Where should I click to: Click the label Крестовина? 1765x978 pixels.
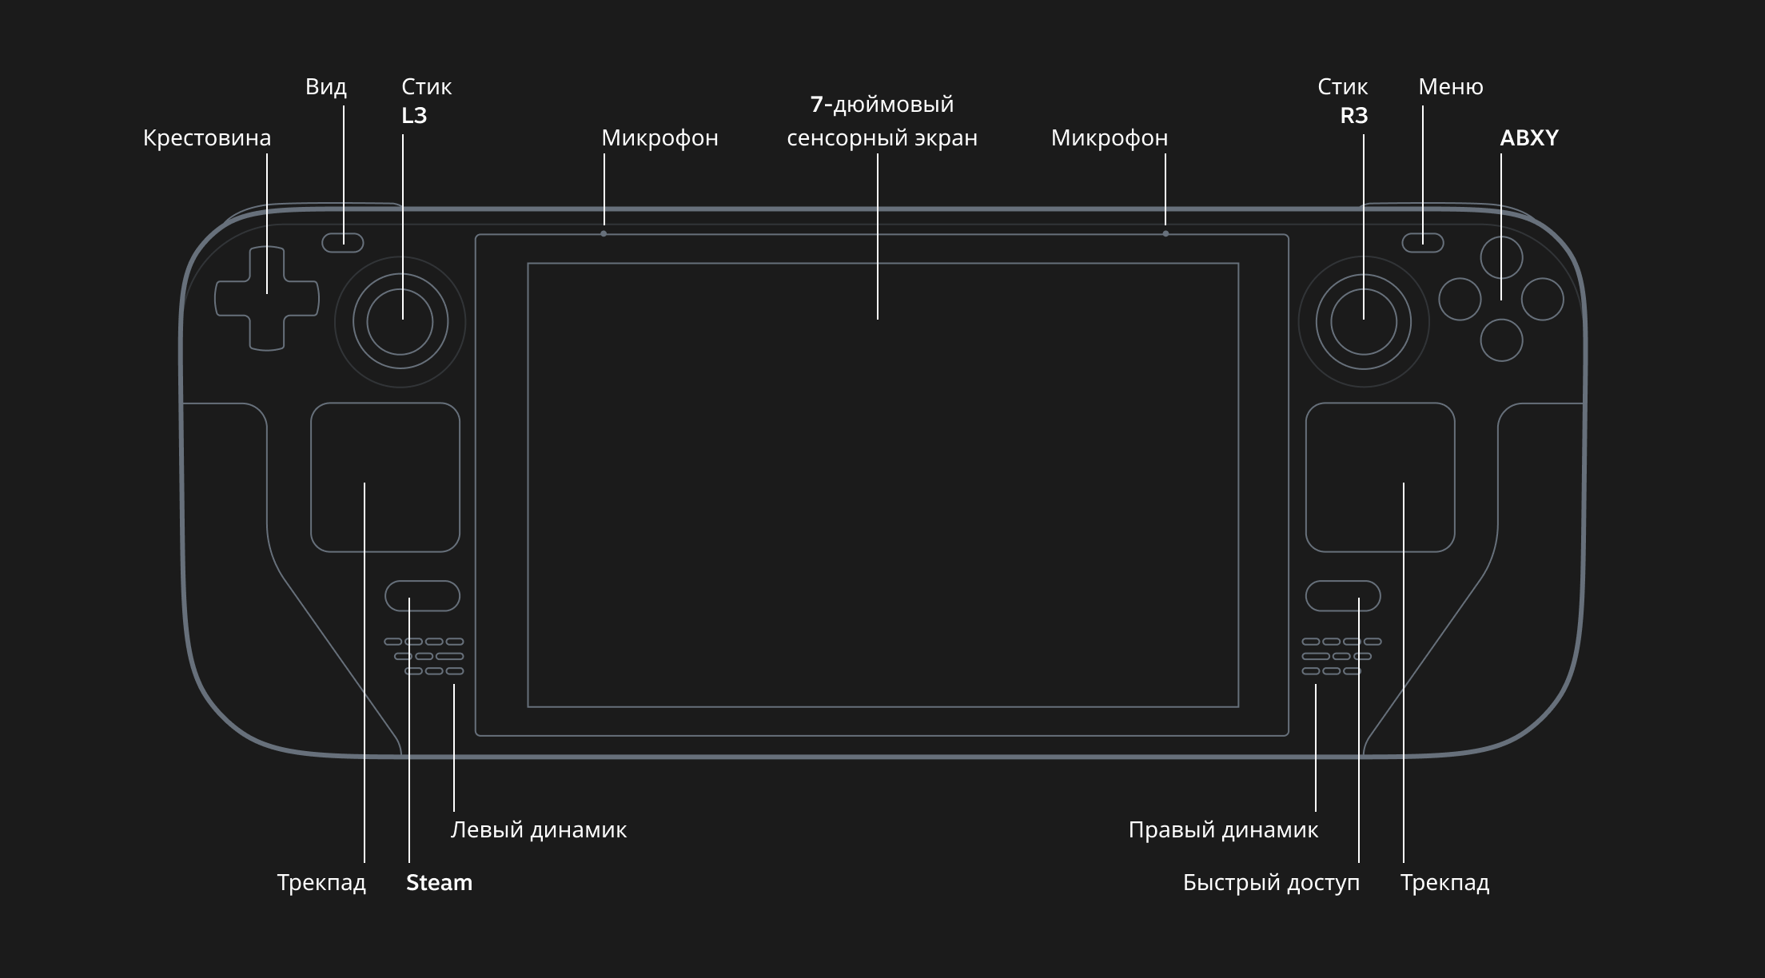(x=207, y=138)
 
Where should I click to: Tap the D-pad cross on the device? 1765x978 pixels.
(x=267, y=299)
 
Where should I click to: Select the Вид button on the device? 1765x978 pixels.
(x=343, y=242)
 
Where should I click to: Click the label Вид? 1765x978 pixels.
(x=326, y=86)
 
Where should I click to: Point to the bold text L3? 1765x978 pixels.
(x=414, y=116)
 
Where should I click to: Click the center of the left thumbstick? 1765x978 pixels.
(x=400, y=322)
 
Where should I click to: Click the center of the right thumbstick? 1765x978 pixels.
(x=1364, y=322)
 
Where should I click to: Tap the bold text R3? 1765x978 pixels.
(x=1354, y=116)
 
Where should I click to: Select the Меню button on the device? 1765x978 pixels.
(x=1423, y=242)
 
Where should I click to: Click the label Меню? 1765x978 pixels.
(x=1451, y=86)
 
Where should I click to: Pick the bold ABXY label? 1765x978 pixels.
(x=1529, y=138)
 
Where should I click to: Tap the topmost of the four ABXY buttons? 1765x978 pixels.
(x=1501, y=257)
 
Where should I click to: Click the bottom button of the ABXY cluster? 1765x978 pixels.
(x=1501, y=340)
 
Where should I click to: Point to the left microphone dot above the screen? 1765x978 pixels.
(x=604, y=233)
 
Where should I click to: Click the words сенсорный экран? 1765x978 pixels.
(x=882, y=138)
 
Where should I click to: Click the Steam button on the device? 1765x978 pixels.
(x=423, y=596)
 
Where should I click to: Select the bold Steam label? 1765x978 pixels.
(x=439, y=883)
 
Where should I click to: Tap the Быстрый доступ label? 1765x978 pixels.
(x=1271, y=883)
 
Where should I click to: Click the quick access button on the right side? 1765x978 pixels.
(x=1343, y=596)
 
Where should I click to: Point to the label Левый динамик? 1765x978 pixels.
(x=539, y=830)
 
